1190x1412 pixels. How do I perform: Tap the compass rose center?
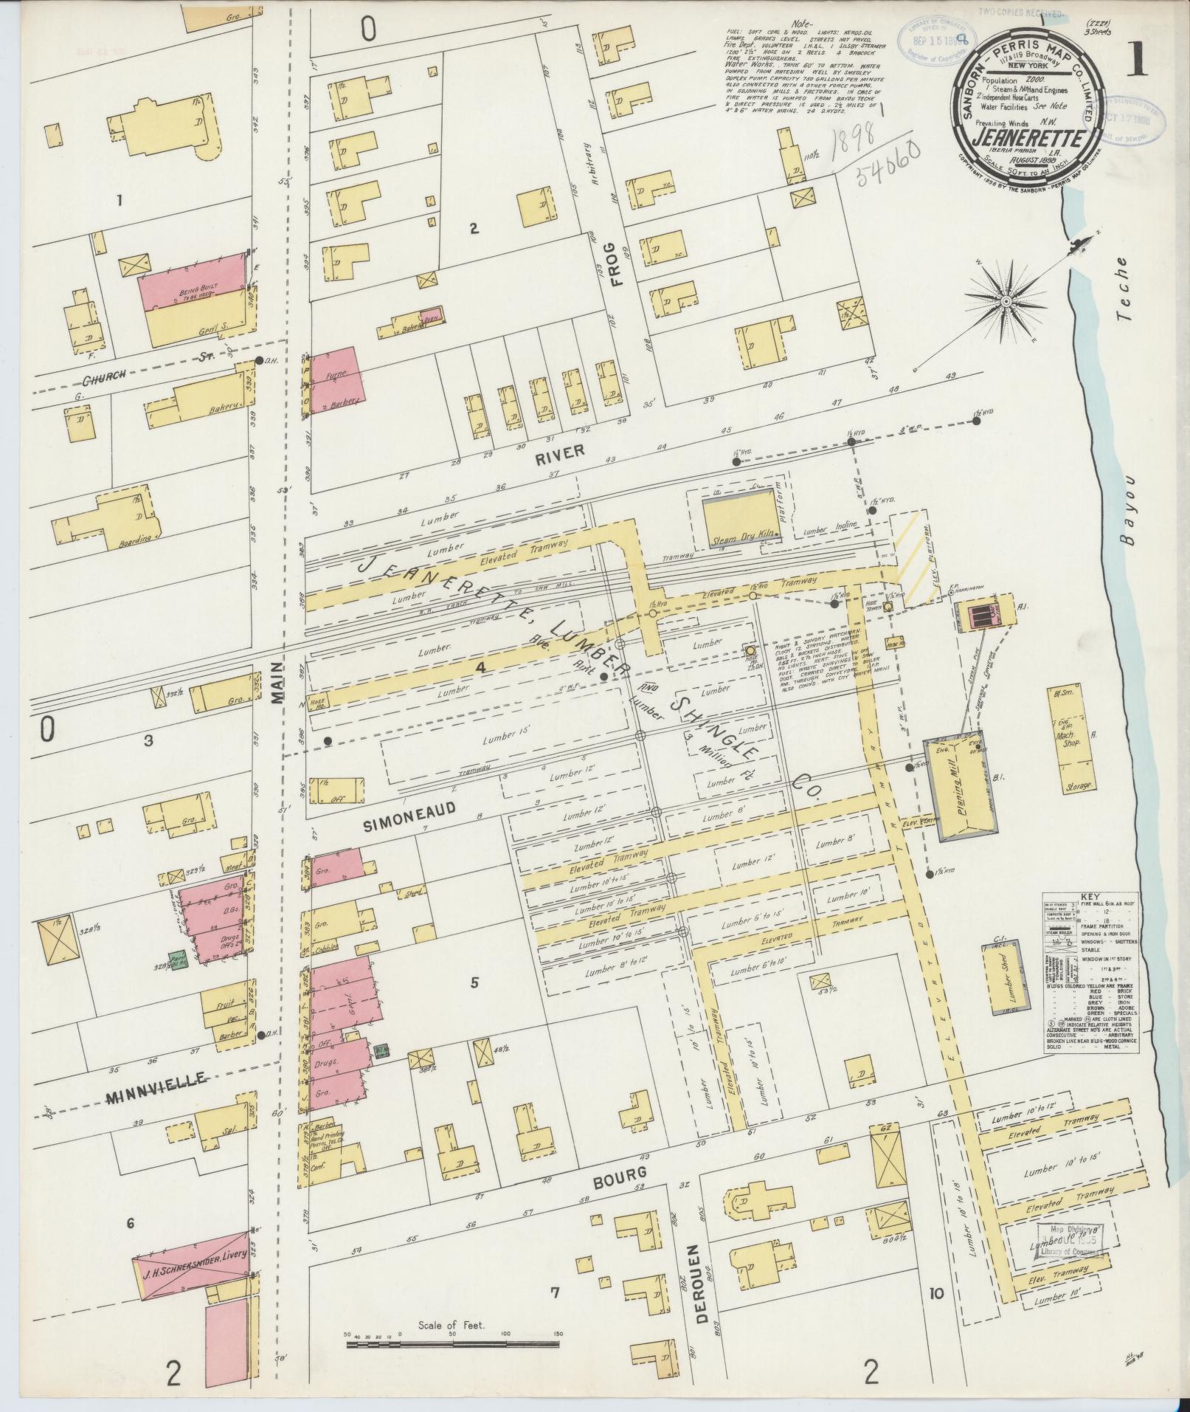coord(1006,302)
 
